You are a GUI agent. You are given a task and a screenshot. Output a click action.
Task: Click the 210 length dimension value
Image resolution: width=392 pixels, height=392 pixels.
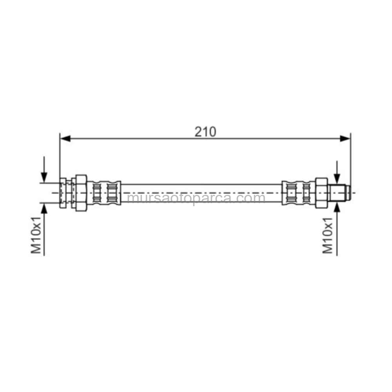(205, 132)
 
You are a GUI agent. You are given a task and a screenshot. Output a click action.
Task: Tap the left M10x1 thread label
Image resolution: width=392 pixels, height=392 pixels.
(36, 235)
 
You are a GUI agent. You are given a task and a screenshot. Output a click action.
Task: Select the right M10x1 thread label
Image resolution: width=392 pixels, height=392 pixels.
(327, 236)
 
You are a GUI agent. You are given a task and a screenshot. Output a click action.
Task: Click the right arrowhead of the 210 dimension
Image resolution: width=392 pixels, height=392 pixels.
(345, 138)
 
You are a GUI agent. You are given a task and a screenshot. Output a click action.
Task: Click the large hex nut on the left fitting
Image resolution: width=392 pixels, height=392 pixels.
(81, 193)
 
